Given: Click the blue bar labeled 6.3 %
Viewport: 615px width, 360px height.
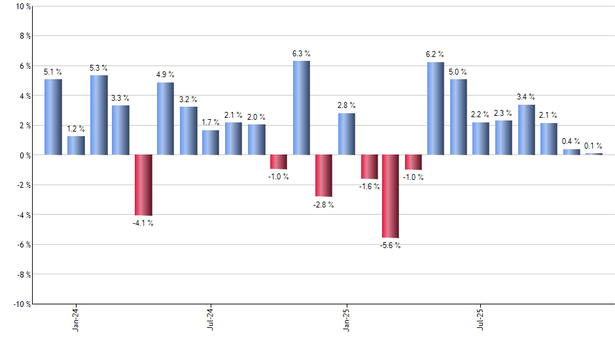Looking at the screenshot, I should (301, 108).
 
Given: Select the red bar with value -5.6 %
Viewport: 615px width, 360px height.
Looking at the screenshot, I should (391, 196).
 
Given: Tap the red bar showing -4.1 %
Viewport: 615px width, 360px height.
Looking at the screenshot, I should (143, 185).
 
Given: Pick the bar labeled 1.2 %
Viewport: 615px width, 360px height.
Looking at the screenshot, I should (76, 145).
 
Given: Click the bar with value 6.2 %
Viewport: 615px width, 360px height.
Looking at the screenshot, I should (436, 109).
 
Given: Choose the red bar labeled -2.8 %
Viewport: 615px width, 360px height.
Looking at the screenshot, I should (324, 175).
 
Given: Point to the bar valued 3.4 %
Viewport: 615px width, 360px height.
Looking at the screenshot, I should (526, 130).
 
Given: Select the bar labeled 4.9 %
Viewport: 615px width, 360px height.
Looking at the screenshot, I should (166, 118).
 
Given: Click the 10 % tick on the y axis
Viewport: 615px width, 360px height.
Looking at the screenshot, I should (22, 7).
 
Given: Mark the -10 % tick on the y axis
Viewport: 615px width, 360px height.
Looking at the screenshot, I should (20, 304).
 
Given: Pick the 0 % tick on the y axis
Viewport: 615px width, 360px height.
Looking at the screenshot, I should (24, 155).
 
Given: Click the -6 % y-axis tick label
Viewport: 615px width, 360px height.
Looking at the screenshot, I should (22, 244).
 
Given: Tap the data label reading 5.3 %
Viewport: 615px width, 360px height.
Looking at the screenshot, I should (98, 68).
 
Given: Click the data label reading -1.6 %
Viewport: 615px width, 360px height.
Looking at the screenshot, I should (368, 187).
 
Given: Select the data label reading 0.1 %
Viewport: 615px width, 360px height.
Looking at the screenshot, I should (593, 146).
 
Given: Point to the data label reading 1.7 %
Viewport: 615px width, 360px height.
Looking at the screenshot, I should (211, 122).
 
